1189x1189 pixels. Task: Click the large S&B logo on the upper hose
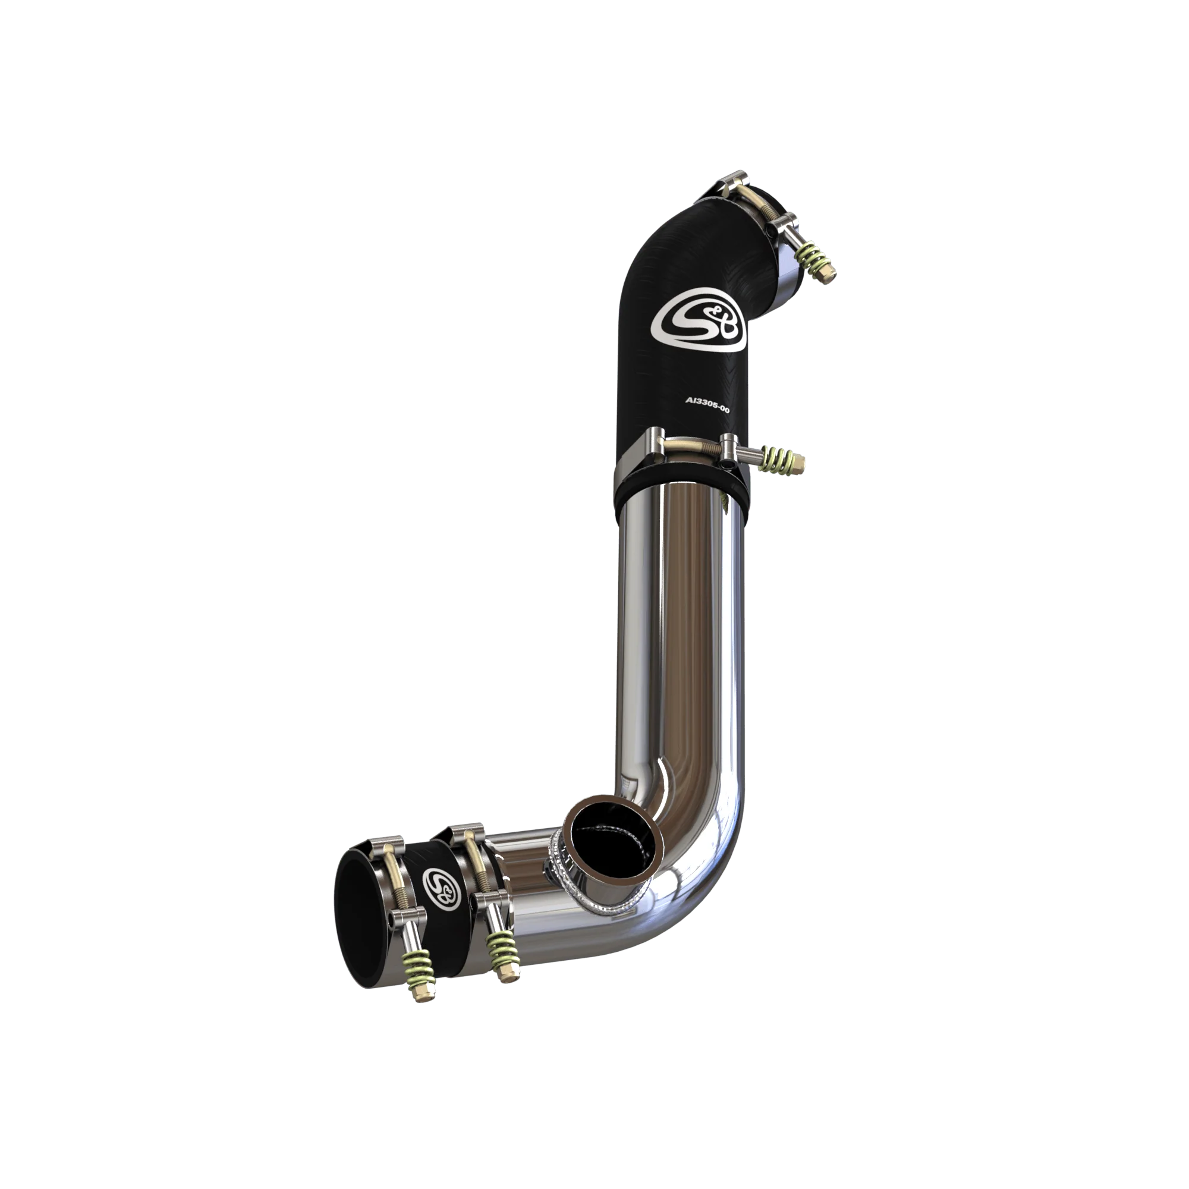(699, 326)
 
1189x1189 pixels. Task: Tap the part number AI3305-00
(707, 405)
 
